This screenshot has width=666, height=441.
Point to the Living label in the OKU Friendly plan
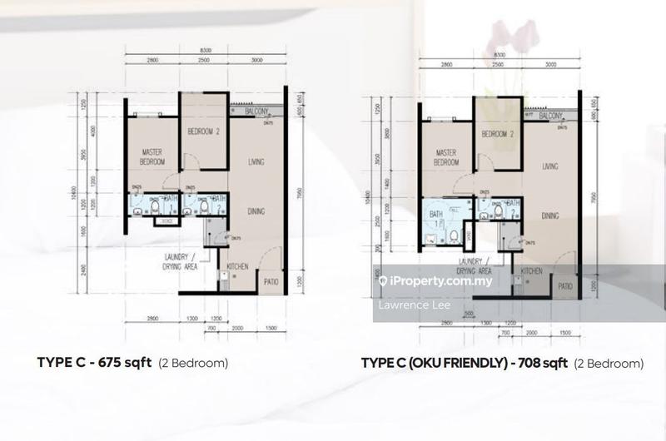550,166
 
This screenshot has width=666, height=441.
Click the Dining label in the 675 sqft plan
255,212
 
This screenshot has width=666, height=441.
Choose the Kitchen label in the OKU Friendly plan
532,271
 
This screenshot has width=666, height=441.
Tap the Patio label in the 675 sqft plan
271,280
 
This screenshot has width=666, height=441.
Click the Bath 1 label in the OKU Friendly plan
435,218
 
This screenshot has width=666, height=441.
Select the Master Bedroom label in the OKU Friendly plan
443,157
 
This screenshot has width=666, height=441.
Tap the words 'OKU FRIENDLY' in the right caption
451,364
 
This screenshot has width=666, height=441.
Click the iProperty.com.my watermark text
441,281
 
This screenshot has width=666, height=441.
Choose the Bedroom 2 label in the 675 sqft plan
203,131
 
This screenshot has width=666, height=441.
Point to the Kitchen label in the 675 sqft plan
238,267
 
